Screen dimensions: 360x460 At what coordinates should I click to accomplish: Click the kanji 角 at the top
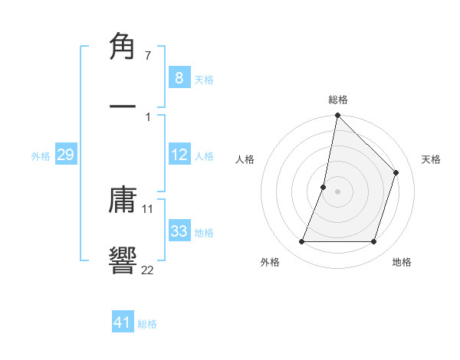pyautogui.click(x=123, y=47)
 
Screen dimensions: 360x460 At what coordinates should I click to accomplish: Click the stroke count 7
pyautogui.click(x=148, y=56)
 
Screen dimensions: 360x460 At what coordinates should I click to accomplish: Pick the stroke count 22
pyautogui.click(x=148, y=269)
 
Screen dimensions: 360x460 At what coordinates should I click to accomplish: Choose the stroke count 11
pyautogui.click(x=148, y=208)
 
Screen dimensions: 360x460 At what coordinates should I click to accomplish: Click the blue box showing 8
pyautogui.click(x=179, y=77)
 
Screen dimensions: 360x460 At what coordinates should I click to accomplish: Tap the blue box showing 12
pyautogui.click(x=179, y=155)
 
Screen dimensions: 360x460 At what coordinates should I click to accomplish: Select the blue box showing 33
pyautogui.click(x=179, y=231)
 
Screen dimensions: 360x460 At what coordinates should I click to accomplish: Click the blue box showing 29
pyautogui.click(x=65, y=155)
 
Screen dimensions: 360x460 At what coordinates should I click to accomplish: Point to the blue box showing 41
pyautogui.click(x=123, y=322)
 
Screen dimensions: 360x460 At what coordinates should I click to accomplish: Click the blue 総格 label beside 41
pyautogui.click(x=147, y=324)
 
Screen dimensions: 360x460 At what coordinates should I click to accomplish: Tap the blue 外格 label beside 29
pyautogui.click(x=41, y=156)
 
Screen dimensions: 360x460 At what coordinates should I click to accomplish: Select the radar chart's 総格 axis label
pyautogui.click(x=338, y=100)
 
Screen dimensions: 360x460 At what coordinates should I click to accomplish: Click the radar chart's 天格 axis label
pyautogui.click(x=431, y=159)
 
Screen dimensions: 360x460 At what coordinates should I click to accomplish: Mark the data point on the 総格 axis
pyautogui.click(x=337, y=115)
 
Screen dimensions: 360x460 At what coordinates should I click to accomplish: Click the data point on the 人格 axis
pyautogui.click(x=324, y=187)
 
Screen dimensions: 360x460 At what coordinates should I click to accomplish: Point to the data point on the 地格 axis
pyautogui.click(x=374, y=242)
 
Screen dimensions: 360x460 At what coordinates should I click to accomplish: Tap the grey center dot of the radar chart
pyautogui.click(x=337, y=191)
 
